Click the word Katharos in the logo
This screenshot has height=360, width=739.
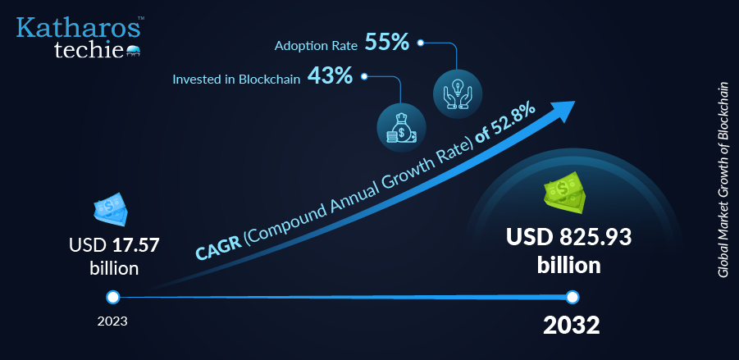(x=78, y=28)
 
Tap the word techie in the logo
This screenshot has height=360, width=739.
(x=89, y=49)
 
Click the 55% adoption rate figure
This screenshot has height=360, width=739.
(x=387, y=43)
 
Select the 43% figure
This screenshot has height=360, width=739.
(x=330, y=76)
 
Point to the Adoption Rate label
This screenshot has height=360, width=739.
(x=316, y=46)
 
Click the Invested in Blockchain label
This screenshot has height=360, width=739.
(x=236, y=80)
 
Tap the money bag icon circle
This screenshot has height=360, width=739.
(x=401, y=128)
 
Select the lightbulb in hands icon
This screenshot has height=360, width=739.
(x=457, y=93)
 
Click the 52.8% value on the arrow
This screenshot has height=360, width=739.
(x=513, y=122)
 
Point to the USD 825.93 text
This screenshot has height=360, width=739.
(x=569, y=238)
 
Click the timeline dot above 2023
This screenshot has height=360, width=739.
(x=112, y=298)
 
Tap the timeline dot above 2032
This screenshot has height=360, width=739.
(x=572, y=298)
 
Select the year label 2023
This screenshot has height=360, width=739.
(x=112, y=321)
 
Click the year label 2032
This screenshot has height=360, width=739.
(x=571, y=326)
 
